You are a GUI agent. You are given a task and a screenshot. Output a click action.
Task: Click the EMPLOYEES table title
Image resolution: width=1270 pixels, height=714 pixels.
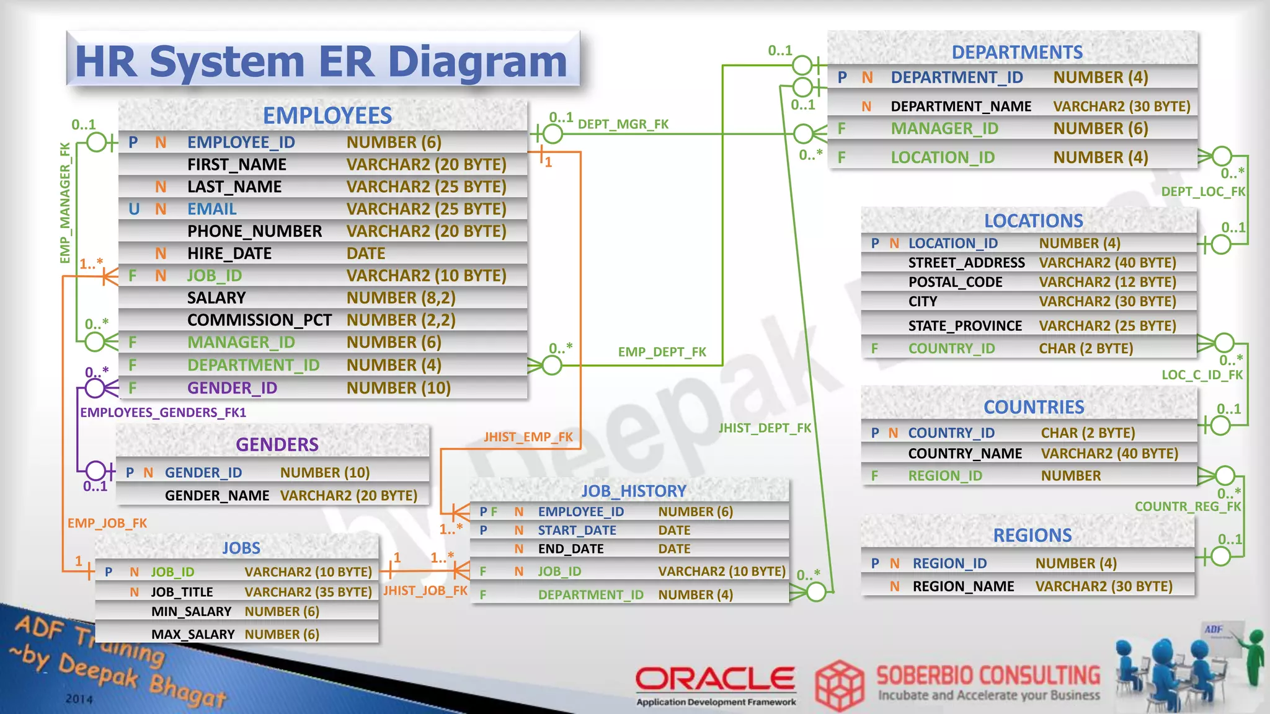pyautogui.click(x=327, y=116)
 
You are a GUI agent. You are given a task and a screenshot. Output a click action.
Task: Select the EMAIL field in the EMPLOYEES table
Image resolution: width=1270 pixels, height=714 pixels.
pyautogui.click(x=212, y=209)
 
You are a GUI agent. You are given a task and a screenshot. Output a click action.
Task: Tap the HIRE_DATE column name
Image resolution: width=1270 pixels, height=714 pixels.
pyautogui.click(x=229, y=253)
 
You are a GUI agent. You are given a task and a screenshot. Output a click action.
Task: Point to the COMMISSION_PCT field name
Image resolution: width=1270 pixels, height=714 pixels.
pyautogui.click(x=259, y=320)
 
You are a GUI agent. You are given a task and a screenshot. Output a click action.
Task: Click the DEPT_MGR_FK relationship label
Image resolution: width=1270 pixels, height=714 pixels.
pyautogui.click(x=623, y=125)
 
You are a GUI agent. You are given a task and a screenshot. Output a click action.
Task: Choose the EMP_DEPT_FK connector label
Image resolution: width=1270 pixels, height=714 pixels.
pyautogui.click(x=662, y=352)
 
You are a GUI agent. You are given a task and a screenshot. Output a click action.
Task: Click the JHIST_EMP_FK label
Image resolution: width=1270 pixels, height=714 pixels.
pyautogui.click(x=528, y=437)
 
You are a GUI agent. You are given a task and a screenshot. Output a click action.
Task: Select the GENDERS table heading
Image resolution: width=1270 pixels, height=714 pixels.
pyautogui.click(x=277, y=444)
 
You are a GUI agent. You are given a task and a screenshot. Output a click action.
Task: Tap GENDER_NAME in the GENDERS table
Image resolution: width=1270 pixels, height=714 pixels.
pyautogui.click(x=217, y=496)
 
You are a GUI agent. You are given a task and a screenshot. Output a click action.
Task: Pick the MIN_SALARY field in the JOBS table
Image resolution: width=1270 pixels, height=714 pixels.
pyautogui.click(x=191, y=612)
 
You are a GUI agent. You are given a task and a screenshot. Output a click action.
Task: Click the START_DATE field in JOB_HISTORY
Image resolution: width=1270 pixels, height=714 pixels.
pyautogui.click(x=577, y=531)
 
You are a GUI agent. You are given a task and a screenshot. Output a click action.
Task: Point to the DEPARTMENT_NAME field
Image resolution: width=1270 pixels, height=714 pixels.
pyautogui.click(x=961, y=107)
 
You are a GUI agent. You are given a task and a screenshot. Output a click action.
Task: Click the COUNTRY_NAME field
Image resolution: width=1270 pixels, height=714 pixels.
pyautogui.click(x=965, y=454)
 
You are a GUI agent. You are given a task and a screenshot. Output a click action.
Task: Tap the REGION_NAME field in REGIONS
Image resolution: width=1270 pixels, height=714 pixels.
pyautogui.click(x=963, y=586)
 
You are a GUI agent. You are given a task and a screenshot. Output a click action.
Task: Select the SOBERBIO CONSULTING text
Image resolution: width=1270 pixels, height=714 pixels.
pyautogui.click(x=988, y=676)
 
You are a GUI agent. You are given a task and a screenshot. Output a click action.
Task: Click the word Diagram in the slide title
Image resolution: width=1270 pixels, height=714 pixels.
pyautogui.click(x=477, y=62)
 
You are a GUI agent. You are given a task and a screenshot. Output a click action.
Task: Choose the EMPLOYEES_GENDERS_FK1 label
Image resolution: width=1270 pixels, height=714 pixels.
pyautogui.click(x=163, y=413)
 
